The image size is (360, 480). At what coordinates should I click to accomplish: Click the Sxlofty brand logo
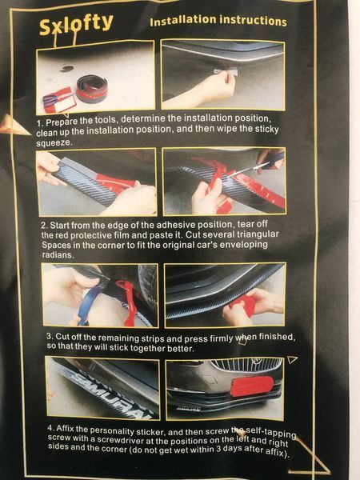click(76, 25)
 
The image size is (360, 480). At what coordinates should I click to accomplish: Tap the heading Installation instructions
click(218, 21)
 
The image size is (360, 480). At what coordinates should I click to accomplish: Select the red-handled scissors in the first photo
click(58, 98)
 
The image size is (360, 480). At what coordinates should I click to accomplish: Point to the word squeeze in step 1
click(54, 143)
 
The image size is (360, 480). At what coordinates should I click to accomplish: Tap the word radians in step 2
click(58, 254)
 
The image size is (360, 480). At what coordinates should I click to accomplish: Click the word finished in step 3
click(277, 337)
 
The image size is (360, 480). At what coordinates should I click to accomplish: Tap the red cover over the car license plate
click(252, 386)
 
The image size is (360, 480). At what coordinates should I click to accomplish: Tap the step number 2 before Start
click(44, 226)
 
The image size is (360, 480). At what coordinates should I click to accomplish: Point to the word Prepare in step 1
click(62, 122)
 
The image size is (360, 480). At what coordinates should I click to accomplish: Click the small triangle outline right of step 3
click(292, 359)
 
